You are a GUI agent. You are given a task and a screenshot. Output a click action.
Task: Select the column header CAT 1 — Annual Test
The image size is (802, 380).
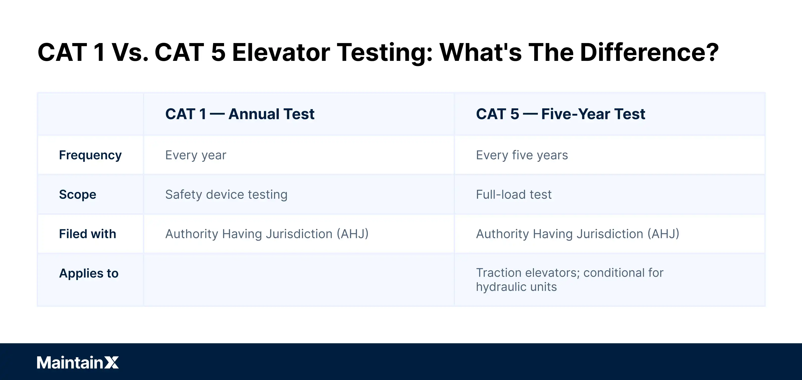240,114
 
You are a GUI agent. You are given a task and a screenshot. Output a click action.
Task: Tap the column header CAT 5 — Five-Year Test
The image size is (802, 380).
560,114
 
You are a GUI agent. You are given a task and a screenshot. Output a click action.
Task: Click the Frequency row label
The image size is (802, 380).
90,155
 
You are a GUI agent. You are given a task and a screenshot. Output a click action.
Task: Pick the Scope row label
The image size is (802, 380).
77,194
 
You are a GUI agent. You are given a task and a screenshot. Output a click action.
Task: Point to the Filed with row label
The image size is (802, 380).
87,234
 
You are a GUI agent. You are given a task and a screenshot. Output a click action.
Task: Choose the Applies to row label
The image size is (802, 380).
89,273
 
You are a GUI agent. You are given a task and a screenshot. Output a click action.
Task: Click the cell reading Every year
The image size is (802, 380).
196,155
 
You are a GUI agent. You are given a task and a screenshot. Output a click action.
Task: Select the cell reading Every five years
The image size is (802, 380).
522,155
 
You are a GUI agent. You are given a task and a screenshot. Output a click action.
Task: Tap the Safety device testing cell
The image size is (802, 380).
226,194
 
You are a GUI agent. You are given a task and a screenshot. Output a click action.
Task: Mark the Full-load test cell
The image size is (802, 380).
514,194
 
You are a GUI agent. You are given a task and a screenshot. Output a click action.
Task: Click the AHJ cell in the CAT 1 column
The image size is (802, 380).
267,234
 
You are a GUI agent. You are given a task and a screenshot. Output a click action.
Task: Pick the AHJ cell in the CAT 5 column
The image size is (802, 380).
577,234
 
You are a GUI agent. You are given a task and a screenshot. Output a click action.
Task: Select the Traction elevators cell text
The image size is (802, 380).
570,273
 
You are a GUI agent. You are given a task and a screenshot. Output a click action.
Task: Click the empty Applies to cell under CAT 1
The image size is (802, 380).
298,280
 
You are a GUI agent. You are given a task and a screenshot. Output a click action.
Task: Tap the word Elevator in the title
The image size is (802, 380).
281,52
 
